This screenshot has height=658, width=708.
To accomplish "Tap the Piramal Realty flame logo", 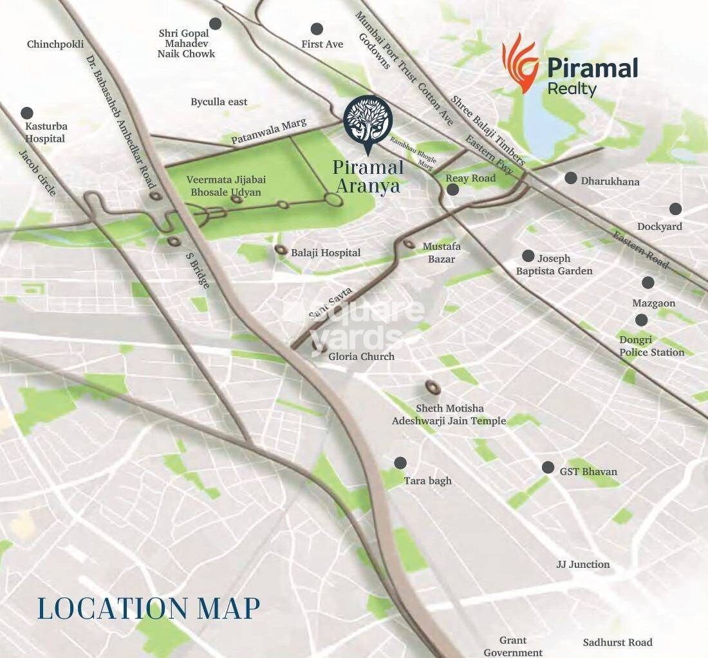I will click(520, 63).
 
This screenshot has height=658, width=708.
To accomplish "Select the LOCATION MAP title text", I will click(149, 608).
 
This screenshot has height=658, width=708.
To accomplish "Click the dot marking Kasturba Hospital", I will click(27, 113).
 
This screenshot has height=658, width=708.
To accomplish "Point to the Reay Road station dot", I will click(452, 189).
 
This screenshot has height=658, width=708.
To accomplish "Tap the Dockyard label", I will click(659, 227).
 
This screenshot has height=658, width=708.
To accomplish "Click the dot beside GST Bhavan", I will click(548, 467).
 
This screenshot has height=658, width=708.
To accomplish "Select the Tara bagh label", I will click(427, 481).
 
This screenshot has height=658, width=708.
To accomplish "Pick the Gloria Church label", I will click(361, 356).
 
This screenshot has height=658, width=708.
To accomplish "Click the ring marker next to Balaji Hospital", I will click(281, 249).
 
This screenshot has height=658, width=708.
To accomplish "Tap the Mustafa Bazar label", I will click(442, 252).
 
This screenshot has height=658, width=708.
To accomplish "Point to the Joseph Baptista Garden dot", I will click(528, 256).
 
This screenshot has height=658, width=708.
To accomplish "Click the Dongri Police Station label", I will click(651, 346).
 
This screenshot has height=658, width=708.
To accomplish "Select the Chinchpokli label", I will click(55, 44).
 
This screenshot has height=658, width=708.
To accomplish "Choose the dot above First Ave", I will click(317, 29).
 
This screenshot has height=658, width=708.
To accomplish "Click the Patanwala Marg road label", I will click(269, 131).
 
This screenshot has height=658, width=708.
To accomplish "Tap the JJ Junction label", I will click(582, 565).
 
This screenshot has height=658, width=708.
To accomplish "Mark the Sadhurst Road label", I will click(617, 643).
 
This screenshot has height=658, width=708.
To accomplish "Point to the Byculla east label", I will click(219, 102).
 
